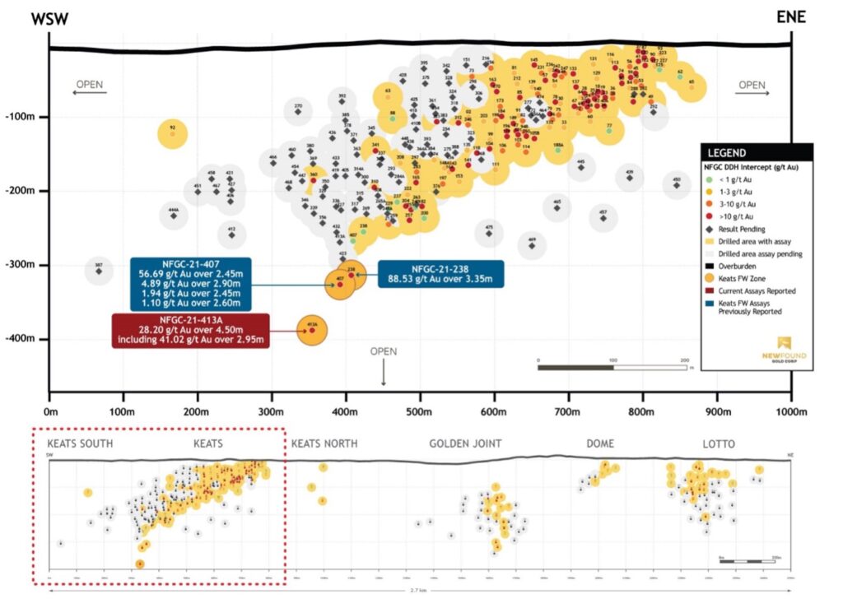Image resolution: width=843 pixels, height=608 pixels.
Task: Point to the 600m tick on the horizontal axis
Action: pyautogui.click(x=494, y=411)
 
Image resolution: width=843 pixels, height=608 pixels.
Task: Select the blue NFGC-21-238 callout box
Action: pyautogui.click(x=440, y=273)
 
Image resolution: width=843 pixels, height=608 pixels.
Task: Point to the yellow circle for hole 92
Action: pyautogui.click(x=173, y=132)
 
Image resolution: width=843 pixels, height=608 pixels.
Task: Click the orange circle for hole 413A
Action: pyautogui.click(x=312, y=330)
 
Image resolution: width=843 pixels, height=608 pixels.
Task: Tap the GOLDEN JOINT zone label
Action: pyautogui.click(x=463, y=444)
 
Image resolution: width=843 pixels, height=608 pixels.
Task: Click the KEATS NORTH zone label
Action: pyautogui.click(x=324, y=444)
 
